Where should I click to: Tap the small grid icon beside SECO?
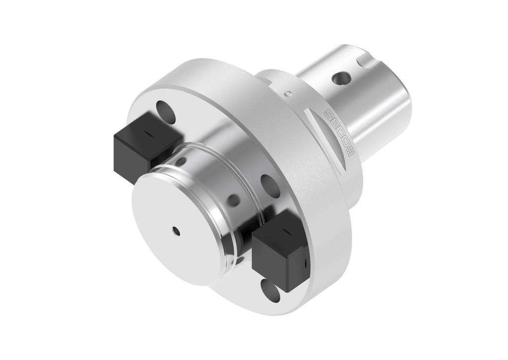coord(351,151)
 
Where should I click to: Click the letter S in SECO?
coord(329,115)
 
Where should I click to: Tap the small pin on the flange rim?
coord(287,94)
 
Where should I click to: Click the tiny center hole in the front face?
coord(176,231)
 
